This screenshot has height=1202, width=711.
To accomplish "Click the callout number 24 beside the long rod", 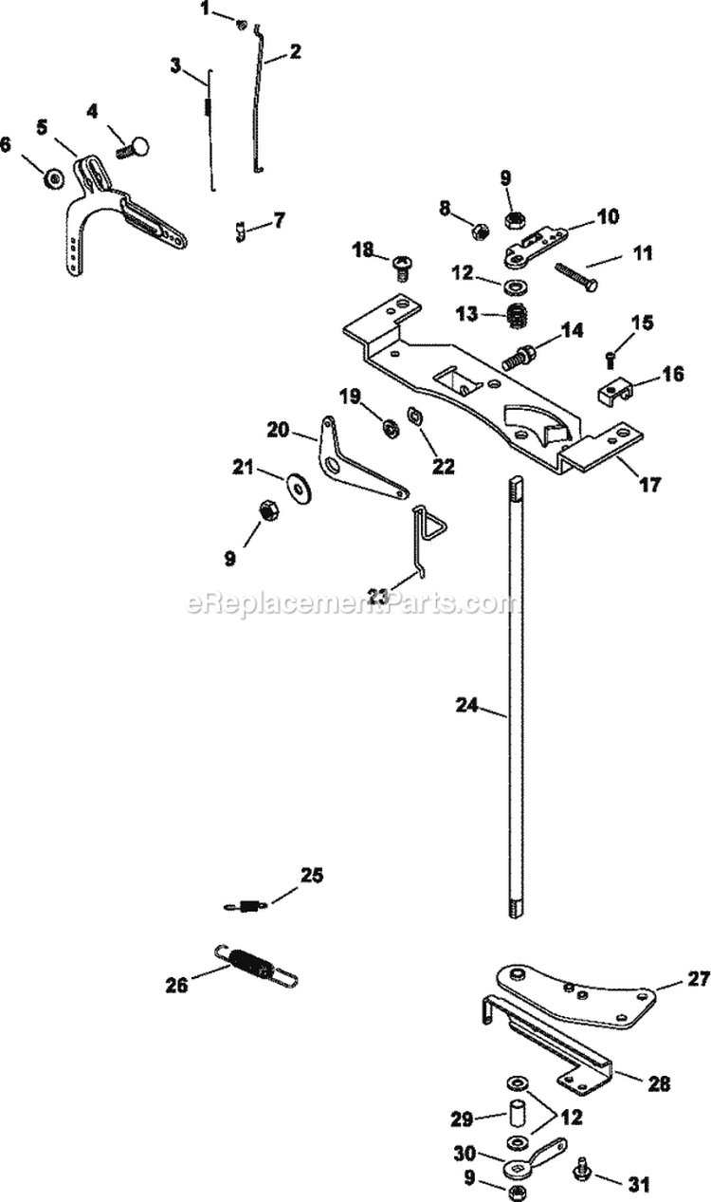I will [466, 706].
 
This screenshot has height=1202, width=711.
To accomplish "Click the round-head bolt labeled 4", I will [136, 148].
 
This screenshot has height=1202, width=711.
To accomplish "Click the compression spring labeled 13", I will [519, 315].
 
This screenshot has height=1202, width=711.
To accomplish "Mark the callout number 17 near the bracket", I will [649, 485].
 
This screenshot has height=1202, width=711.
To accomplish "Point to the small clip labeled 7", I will [241, 229].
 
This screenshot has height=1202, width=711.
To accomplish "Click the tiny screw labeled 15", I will [610, 358].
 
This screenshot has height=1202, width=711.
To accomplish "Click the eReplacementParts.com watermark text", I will [350, 604].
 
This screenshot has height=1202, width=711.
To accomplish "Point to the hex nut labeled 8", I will [480, 231].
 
